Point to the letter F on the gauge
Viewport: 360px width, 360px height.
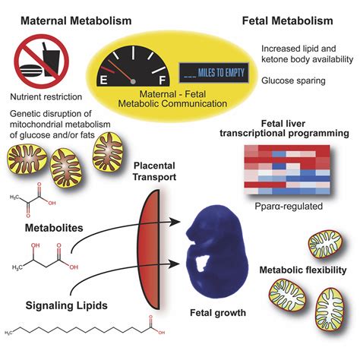[x=163, y=77]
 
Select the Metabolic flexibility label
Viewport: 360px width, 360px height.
[x=303, y=270]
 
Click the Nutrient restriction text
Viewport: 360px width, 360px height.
[x=50, y=97]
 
